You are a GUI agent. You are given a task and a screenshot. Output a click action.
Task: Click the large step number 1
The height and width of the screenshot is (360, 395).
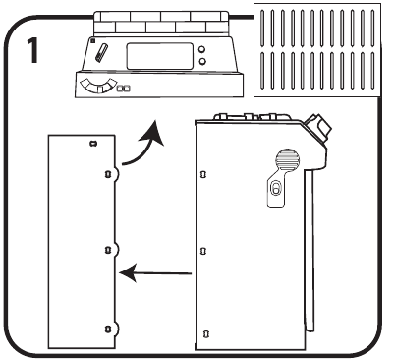pos(32,50)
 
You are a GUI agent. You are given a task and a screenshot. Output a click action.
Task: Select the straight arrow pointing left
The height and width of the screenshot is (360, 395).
pos(155,272)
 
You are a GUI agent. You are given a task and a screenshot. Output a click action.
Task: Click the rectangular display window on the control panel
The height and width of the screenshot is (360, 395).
pos(160,56)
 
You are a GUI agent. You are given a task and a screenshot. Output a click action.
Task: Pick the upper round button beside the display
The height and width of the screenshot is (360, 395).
pos(202,49)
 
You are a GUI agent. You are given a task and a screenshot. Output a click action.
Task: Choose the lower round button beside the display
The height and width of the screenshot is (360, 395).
pos(202,61)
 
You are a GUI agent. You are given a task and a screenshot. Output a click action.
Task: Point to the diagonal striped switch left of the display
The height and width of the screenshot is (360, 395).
pos(101,52)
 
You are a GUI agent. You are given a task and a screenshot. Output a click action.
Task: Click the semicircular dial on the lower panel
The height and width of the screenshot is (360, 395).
pos(98,86)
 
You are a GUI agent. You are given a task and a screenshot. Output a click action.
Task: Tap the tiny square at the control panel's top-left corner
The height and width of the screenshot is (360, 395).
pos(93,41)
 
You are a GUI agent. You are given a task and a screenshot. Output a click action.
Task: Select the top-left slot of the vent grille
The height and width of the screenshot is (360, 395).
pos(262,29)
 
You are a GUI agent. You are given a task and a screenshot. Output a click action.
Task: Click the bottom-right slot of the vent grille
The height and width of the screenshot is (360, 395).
pos(372,71)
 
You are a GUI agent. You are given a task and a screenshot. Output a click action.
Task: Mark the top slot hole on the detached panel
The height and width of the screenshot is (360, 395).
pos(93,144)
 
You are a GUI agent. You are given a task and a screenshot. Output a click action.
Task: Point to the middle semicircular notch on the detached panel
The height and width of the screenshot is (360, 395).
pos(116,250)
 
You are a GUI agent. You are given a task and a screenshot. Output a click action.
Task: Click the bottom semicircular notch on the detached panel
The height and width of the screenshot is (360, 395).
pos(116,329)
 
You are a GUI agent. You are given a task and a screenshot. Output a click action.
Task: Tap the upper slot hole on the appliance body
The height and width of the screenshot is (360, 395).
pos(203,174)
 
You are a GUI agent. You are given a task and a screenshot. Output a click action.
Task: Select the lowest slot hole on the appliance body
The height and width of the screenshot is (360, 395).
pos(205,334)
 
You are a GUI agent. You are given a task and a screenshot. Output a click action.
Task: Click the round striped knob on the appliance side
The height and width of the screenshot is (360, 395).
pos(287,160)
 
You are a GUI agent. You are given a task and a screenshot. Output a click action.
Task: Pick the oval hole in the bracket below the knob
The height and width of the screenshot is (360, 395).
pos(275,189)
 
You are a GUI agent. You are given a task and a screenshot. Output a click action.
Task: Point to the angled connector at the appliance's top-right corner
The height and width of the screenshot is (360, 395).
pos(317,127)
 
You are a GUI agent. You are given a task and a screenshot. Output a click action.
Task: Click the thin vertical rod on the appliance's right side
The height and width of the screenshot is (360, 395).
pos(310,250)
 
